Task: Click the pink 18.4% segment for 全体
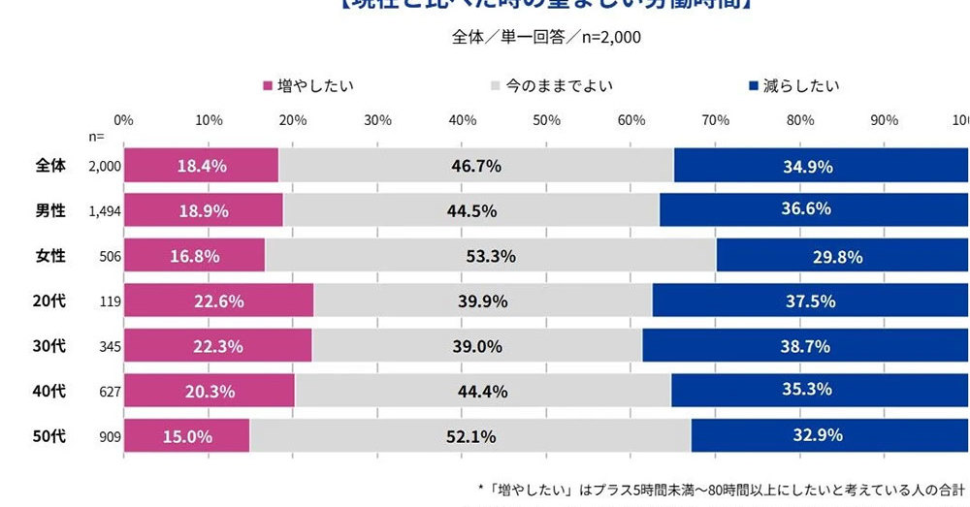(x=201, y=166)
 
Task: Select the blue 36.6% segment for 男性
(x=814, y=210)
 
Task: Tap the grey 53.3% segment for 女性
(x=490, y=256)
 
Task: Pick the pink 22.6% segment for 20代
(x=218, y=301)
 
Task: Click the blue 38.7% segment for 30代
(x=804, y=346)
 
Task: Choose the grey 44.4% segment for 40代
(x=482, y=391)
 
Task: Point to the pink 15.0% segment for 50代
(x=187, y=436)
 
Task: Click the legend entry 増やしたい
(x=307, y=85)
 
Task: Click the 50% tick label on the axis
(x=547, y=120)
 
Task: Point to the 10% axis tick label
(x=209, y=120)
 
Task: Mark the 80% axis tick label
(x=800, y=120)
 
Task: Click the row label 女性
(x=50, y=256)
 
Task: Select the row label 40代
(x=50, y=391)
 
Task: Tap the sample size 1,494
(x=104, y=211)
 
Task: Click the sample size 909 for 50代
(x=109, y=436)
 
